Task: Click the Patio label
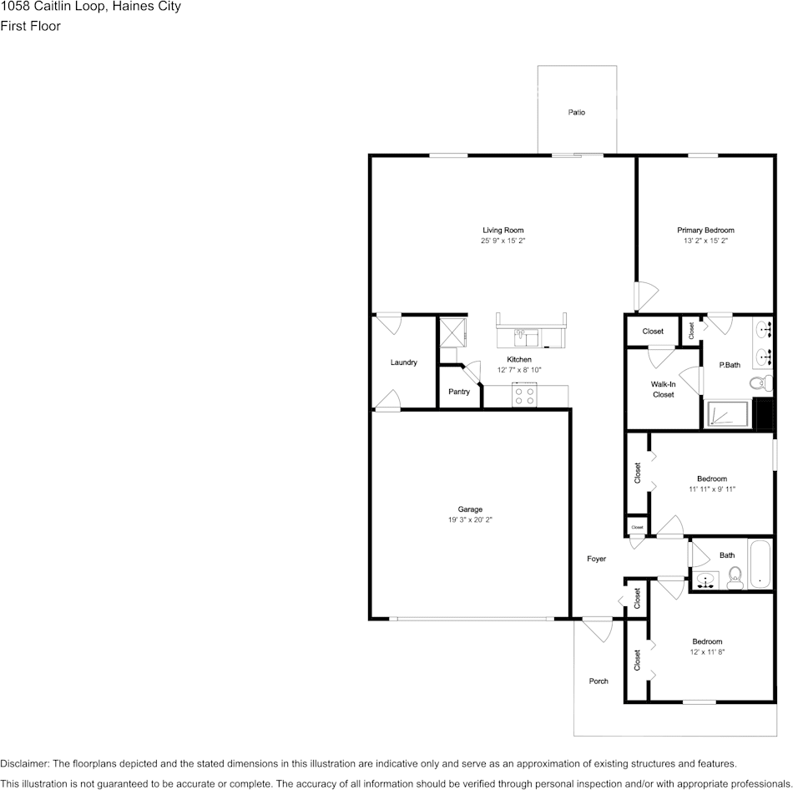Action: pos(576,112)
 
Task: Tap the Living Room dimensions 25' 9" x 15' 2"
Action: pos(503,241)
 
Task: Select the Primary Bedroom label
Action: pos(705,230)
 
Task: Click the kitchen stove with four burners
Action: pos(524,396)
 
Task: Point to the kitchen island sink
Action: pos(526,337)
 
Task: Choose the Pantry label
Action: pos(458,392)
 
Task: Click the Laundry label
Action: pos(403,362)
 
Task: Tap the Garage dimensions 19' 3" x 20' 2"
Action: pos(470,520)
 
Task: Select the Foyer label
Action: pos(596,559)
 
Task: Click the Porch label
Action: pos(599,681)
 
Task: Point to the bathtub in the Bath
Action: pos(760,565)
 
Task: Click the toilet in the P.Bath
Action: pos(758,383)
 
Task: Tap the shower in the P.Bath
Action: pos(728,414)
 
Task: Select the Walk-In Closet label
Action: pos(663,389)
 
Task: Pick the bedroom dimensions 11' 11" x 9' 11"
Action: pos(712,489)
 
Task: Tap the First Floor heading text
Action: pos(30,26)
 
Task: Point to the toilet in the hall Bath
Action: pos(735,576)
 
